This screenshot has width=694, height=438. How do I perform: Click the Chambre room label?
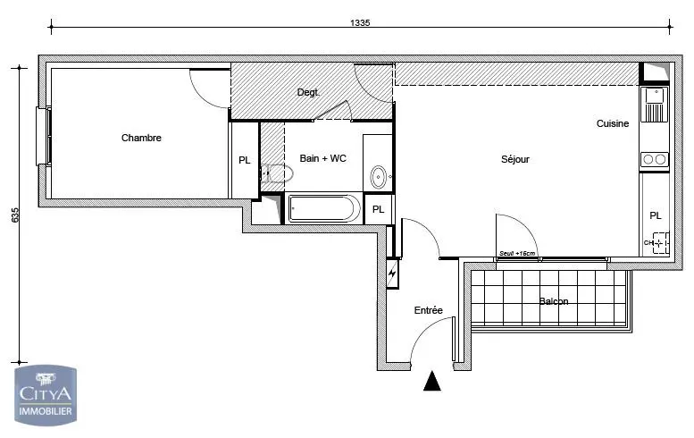coord(141,138)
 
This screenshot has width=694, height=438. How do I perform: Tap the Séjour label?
coord(515,159)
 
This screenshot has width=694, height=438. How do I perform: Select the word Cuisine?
coord(613,123)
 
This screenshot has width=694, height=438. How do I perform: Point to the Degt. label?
coord(308,93)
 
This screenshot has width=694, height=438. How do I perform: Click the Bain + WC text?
coord(323,158)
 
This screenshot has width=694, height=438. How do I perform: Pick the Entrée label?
coord(428,310)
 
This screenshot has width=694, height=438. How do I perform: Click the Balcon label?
coord(554,301)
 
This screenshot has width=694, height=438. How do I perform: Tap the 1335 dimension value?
coord(360,22)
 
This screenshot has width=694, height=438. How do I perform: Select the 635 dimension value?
coord(15,215)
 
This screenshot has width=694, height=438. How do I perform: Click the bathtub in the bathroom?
coord(324,208)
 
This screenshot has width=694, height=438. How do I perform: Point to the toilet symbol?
coord(277,173)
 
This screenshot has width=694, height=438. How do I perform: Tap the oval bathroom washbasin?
coord(379,177)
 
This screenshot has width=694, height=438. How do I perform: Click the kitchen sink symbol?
coord(654,105)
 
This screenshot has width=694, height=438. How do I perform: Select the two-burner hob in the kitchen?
coord(654,159)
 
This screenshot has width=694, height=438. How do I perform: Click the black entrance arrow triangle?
coord(432,382)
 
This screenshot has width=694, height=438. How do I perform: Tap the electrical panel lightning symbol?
coord(392,273)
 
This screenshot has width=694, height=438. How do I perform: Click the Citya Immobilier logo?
coord(46,395)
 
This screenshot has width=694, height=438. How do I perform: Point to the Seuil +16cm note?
coord(517,253)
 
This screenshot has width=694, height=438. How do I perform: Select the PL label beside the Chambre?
coord(245,160)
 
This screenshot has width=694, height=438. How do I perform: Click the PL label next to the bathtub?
coord(378,209)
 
